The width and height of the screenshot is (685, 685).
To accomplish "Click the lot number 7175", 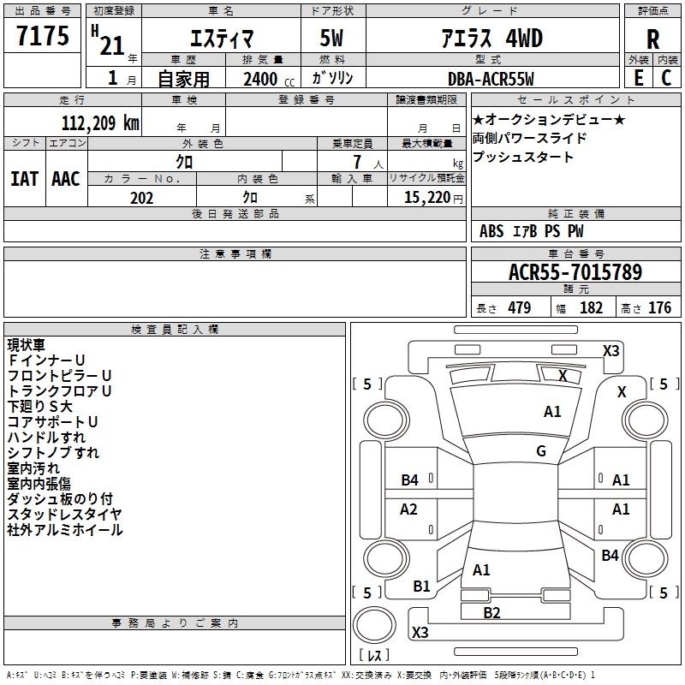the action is coord(43,35).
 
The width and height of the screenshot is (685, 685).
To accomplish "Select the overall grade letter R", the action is coord(652,39).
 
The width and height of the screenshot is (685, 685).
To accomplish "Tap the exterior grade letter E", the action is coord(638,78).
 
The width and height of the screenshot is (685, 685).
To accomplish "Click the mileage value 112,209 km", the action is coord(100,122).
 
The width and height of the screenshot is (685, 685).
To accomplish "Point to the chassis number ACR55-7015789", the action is coord(575,271).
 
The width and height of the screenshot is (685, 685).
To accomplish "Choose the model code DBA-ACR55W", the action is coord(491,79).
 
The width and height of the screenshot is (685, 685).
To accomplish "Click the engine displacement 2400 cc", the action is coord(269,79).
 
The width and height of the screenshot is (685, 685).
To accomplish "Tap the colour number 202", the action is coord(141,198).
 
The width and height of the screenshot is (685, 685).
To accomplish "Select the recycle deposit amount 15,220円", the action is coord(433,198).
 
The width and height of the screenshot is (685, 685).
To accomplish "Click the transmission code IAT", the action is coord(24,179).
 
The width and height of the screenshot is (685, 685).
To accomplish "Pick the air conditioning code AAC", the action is coord(66,179).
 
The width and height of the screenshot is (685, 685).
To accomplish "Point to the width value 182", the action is coord(591,307).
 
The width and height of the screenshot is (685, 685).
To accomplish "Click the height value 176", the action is coord(659,307).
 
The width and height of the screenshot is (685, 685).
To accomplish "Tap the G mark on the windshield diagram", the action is coord(541,450).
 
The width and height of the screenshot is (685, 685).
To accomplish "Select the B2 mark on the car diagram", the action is coord(491,613).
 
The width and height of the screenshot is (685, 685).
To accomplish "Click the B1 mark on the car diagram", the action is coord(421,586).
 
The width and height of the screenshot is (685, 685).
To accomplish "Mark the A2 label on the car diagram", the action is coord(408,509).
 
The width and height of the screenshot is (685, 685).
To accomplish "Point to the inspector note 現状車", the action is coord(26,345).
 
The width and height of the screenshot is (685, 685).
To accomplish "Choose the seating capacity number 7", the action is coord(357,162).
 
